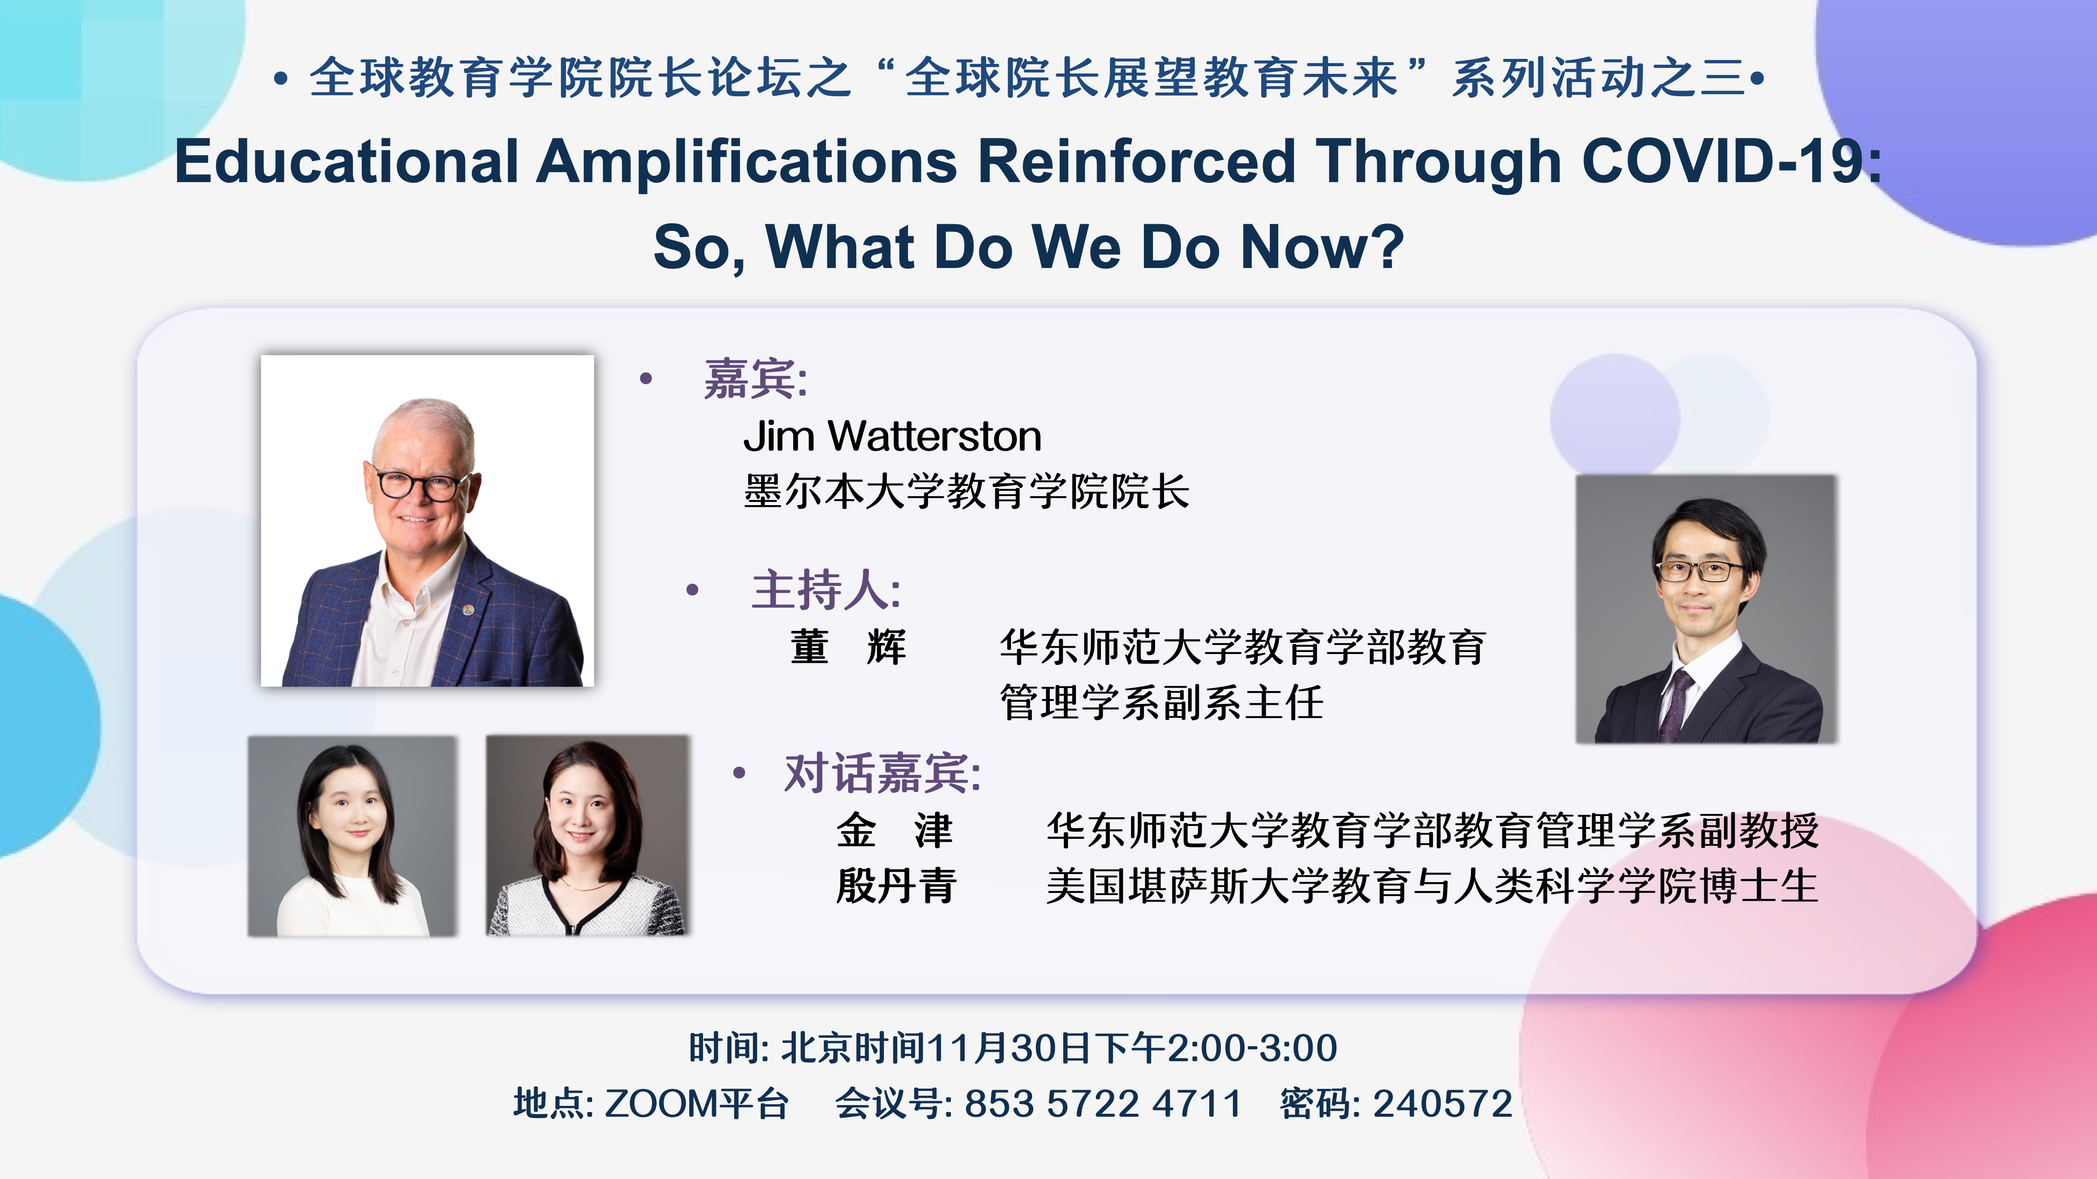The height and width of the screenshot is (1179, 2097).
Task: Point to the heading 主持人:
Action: click(825, 590)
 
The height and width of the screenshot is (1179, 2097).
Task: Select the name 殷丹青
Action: click(896, 886)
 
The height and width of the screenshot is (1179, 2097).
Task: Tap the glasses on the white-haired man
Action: click(417, 484)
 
